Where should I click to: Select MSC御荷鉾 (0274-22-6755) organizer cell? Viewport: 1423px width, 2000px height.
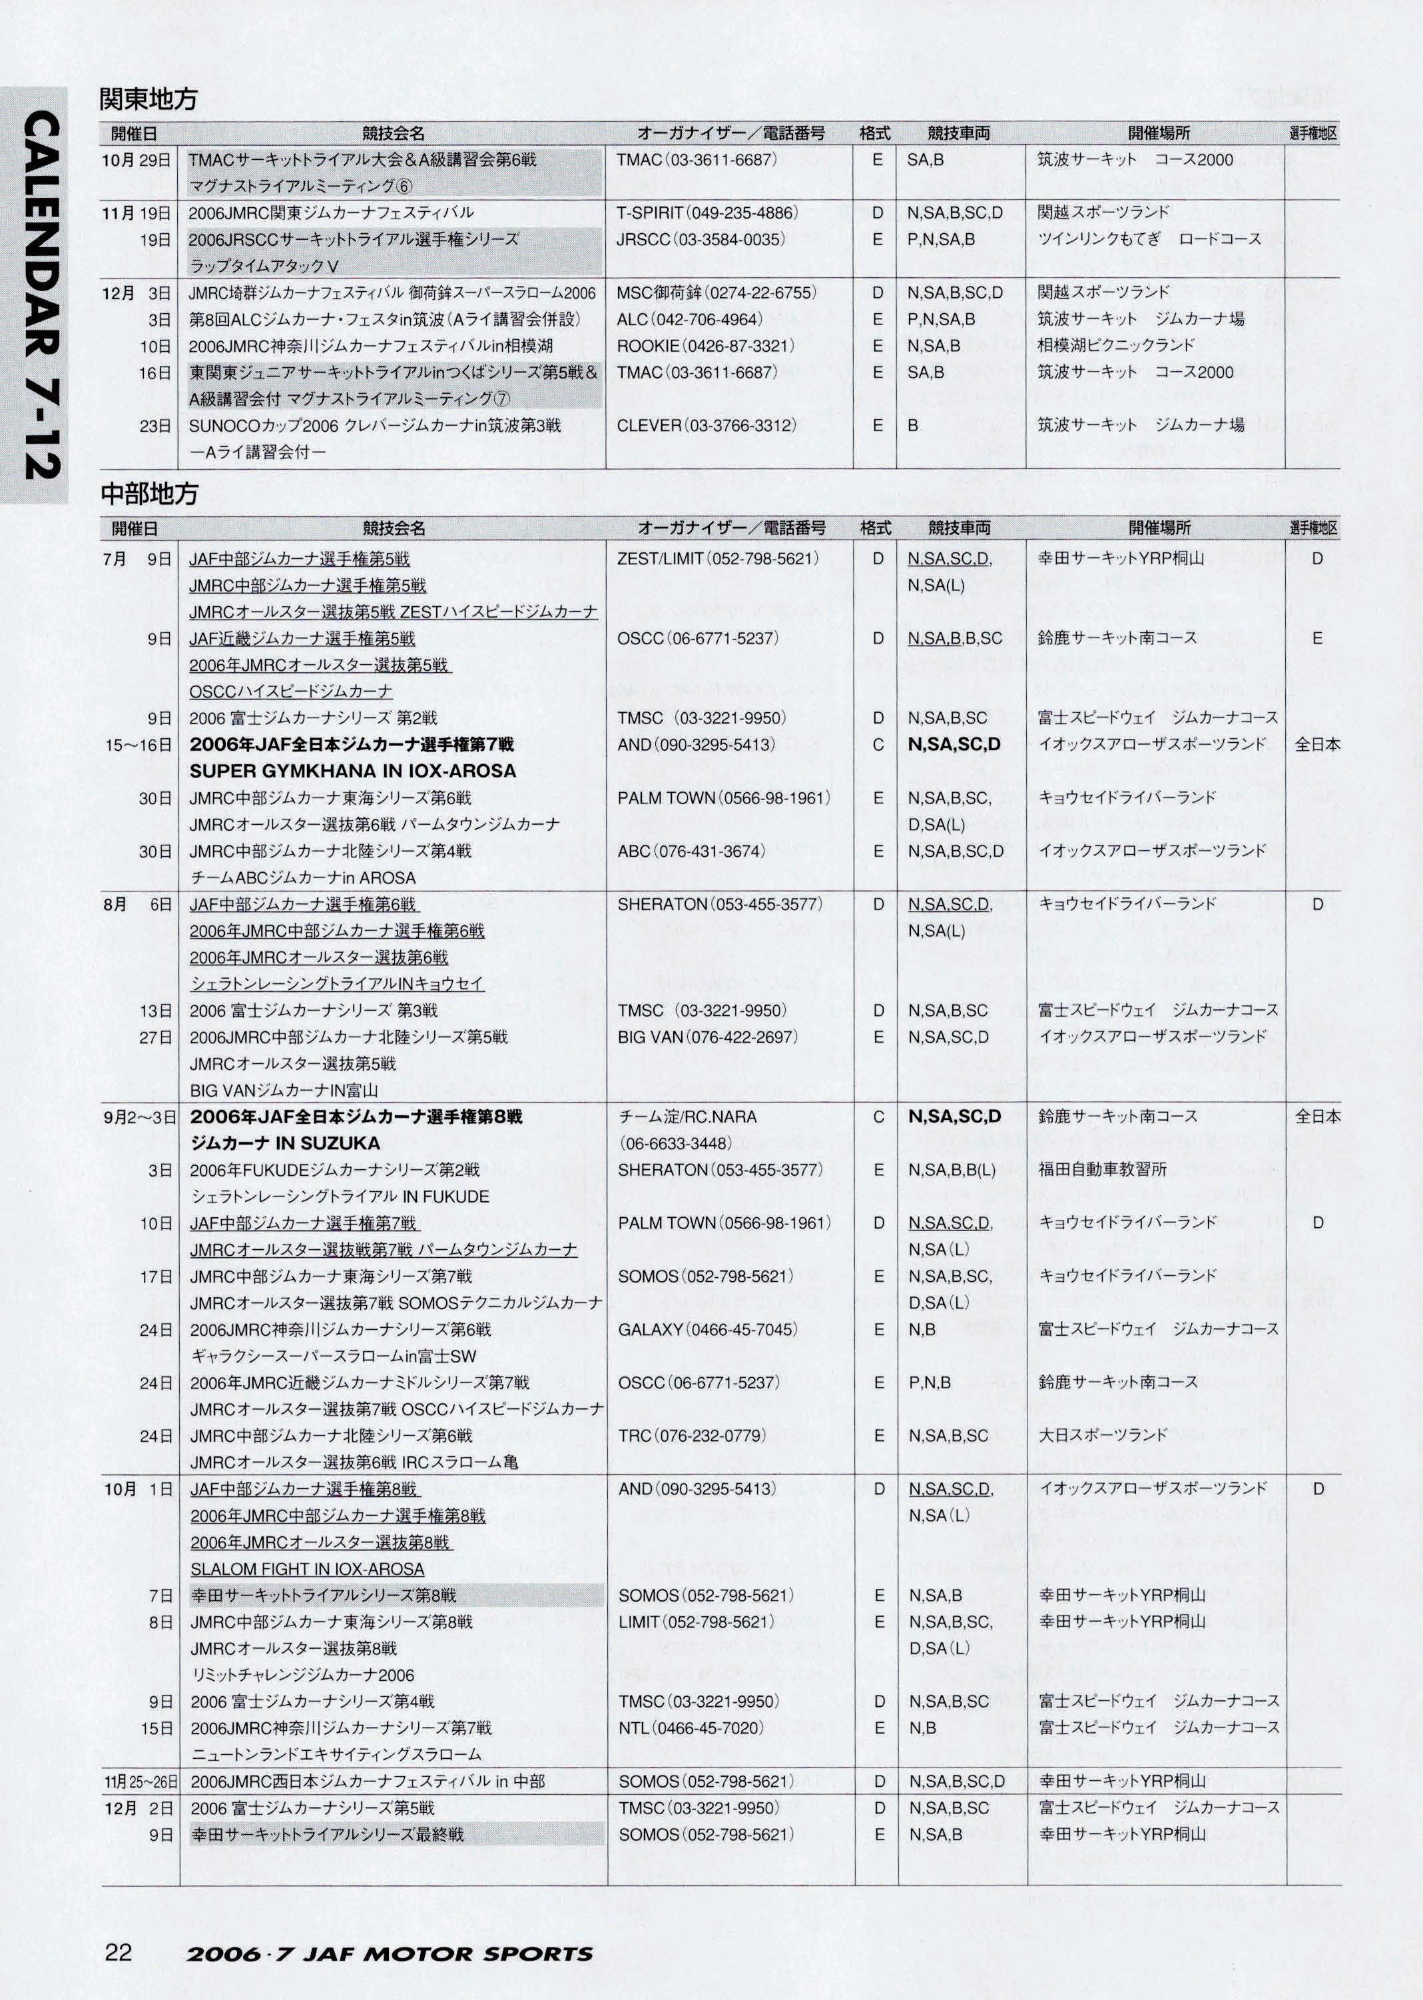point(716,292)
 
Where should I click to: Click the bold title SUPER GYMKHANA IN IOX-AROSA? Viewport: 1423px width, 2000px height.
point(352,771)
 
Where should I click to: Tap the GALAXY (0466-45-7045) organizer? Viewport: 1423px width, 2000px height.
point(707,1330)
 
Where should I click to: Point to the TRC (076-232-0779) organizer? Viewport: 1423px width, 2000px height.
point(691,1436)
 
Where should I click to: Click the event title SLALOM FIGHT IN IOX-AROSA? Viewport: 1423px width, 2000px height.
point(307,1569)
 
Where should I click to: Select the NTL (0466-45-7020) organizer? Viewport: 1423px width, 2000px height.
point(691,1728)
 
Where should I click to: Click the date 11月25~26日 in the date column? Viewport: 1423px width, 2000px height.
point(141,1781)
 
